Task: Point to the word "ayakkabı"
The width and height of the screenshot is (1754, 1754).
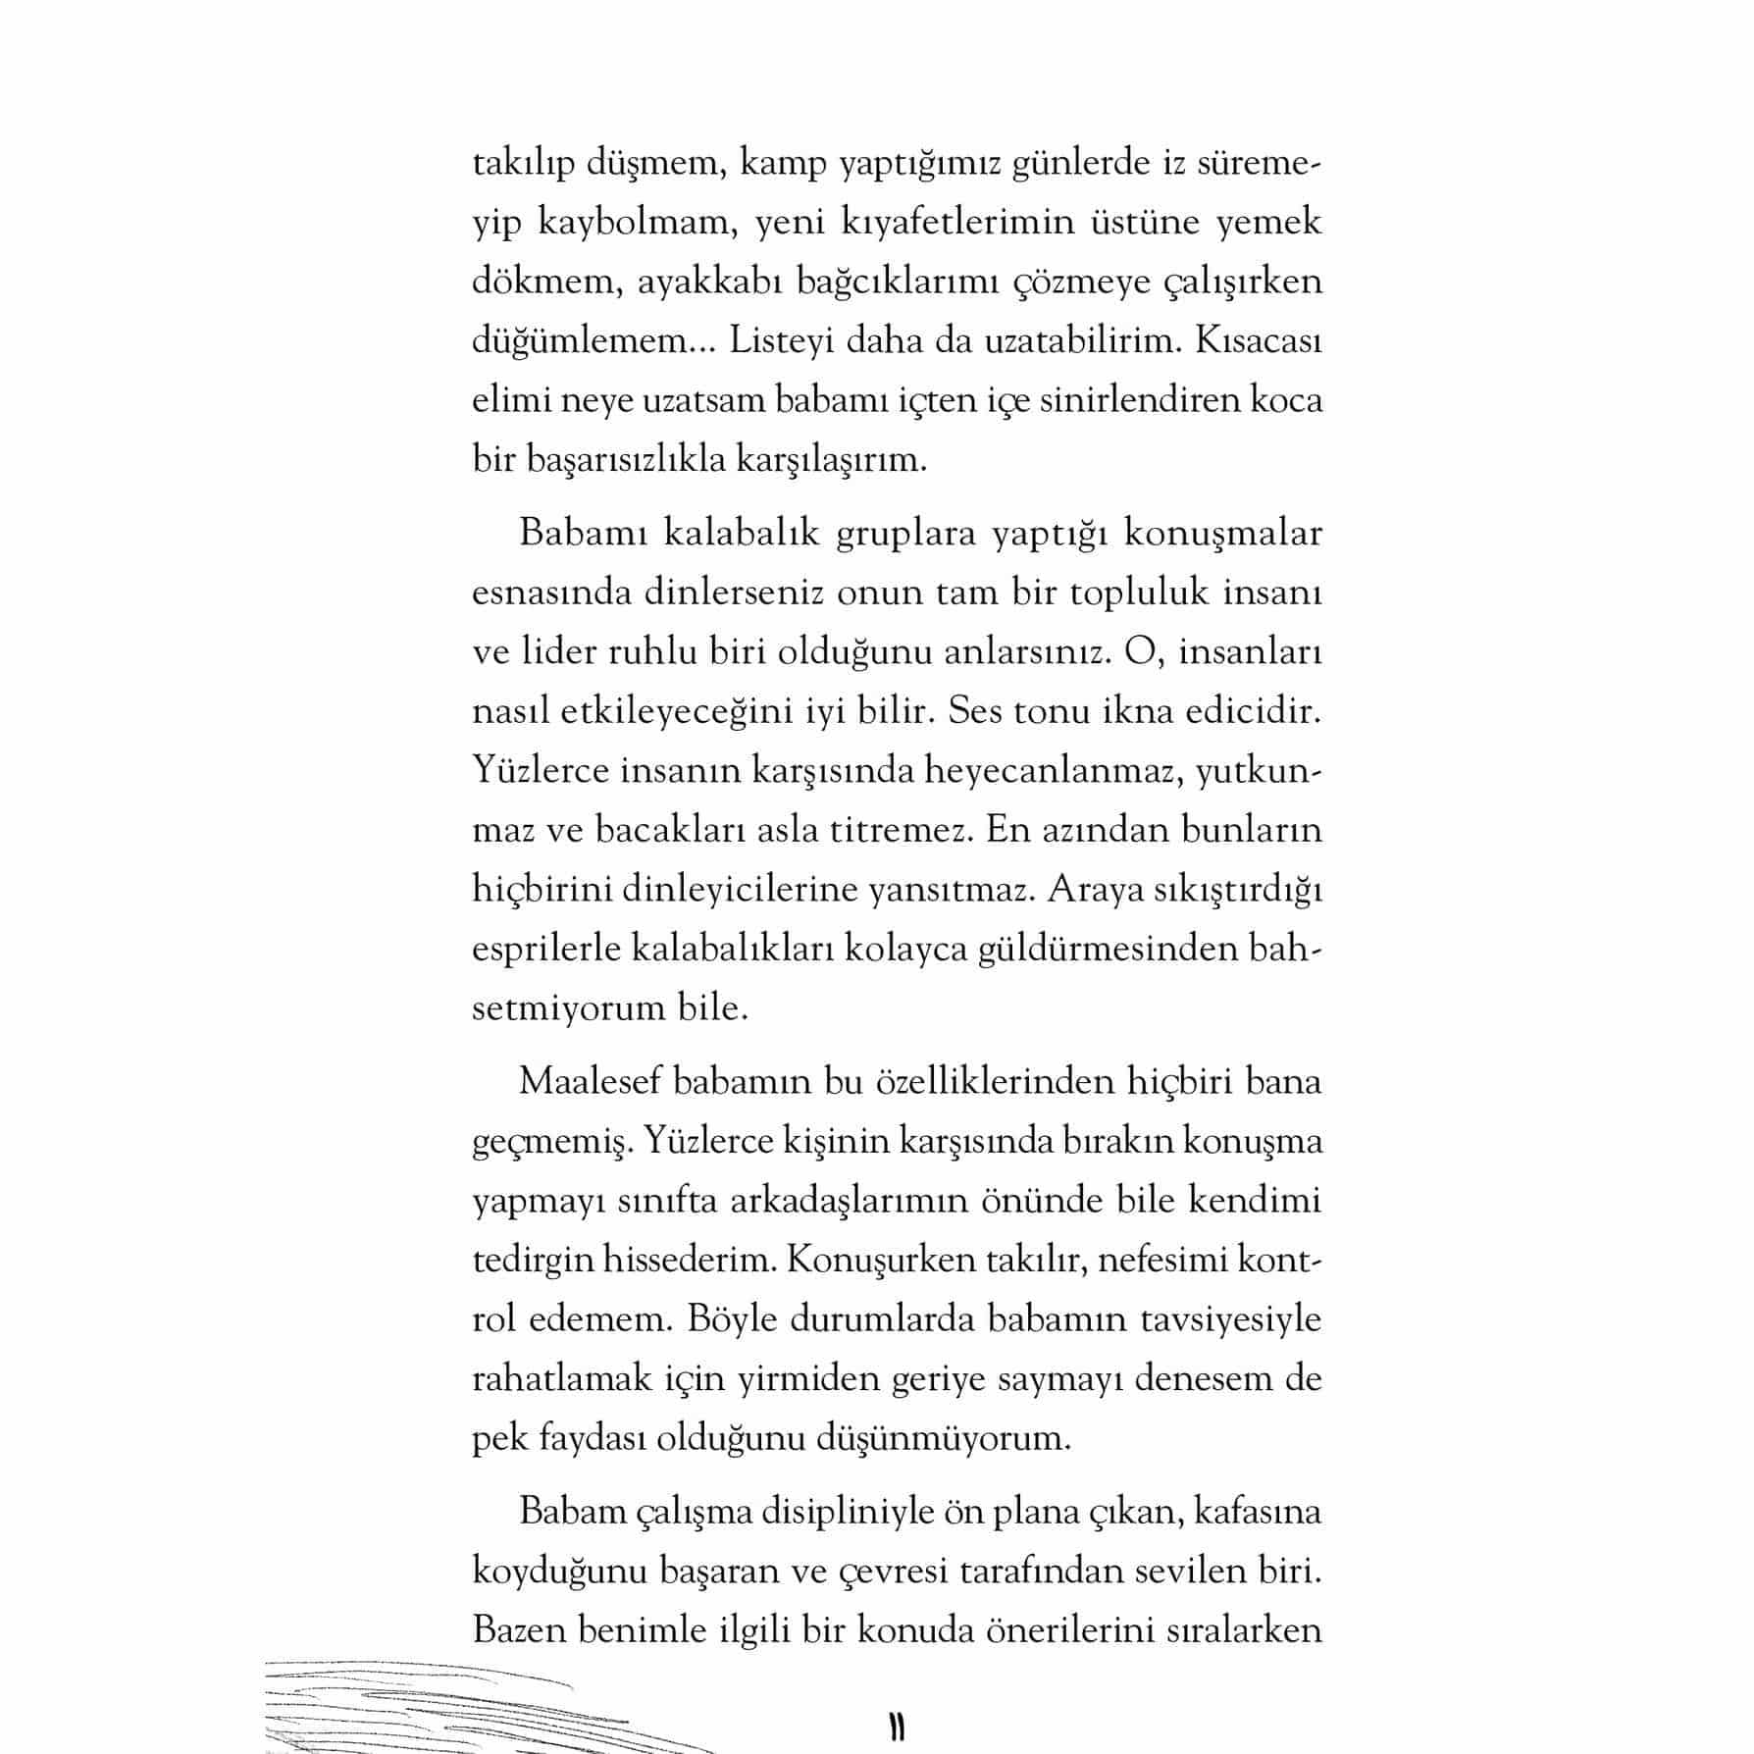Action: tap(706, 282)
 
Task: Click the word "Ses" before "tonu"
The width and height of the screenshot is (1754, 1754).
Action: tap(973, 711)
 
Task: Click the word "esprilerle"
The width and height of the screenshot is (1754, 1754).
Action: tap(546, 950)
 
